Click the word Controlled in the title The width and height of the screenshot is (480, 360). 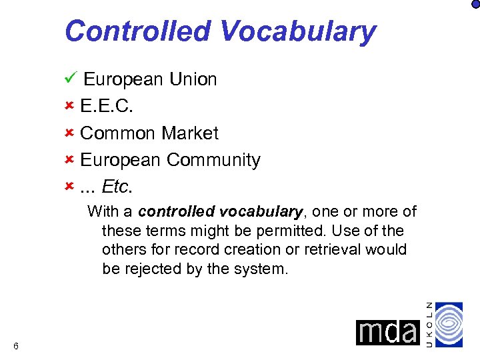[136, 31]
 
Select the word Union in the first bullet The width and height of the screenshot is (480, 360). [193, 79]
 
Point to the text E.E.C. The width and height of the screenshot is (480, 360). [105, 106]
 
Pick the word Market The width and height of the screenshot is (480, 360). [190, 133]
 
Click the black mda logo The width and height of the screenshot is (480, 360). [387, 331]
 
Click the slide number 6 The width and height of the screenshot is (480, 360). [15, 345]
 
